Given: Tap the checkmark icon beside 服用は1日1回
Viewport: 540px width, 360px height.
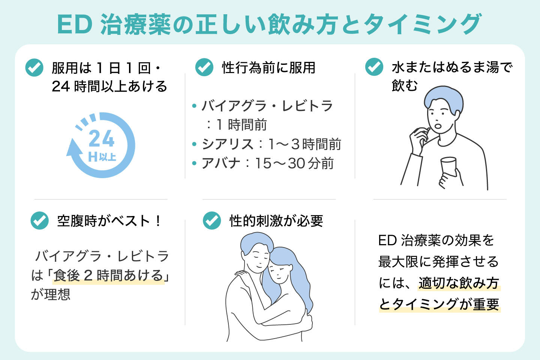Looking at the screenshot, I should pyautogui.click(x=34, y=67).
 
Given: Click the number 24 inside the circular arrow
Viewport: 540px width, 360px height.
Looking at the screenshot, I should pyautogui.click(x=101, y=139).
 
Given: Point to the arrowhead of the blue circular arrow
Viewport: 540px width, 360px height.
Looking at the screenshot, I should pyautogui.click(x=73, y=148).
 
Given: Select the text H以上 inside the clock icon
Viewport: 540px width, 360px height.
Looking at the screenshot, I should pyautogui.click(x=102, y=157).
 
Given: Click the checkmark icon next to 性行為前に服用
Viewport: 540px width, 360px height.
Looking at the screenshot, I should pyautogui.click(x=204, y=67).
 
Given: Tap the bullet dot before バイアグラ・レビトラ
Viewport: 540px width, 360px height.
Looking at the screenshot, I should pyautogui.click(x=194, y=106).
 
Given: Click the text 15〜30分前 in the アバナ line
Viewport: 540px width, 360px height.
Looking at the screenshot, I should pyautogui.click(x=294, y=163).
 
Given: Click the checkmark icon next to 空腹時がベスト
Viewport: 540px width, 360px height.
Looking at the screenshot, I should pyautogui.click(x=39, y=220).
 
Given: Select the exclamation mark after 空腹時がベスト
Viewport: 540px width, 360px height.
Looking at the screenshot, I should pyautogui.click(x=158, y=220).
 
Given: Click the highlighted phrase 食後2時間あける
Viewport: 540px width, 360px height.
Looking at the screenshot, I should pyautogui.click(x=108, y=276).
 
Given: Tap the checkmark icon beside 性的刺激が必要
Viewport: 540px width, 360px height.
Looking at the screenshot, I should pyautogui.click(x=212, y=220).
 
